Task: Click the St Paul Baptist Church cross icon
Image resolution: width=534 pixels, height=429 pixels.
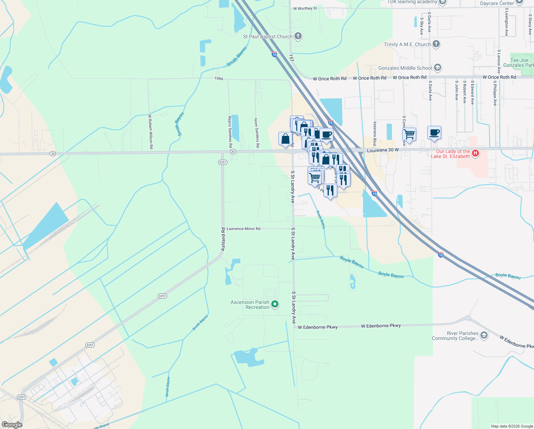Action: coord(298,36)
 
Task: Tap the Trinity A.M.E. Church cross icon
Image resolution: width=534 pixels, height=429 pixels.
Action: coord(436,44)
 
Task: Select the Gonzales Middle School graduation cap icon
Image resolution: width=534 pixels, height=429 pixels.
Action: coord(438,68)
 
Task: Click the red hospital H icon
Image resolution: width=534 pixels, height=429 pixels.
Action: coord(475,153)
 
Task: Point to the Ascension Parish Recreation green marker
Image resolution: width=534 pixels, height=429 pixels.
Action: coord(275,305)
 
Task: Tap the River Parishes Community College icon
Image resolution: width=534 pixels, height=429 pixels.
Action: coord(484,335)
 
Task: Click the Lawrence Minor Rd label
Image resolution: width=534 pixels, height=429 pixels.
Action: coord(243,229)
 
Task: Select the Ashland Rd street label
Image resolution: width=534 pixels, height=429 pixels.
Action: coord(223,239)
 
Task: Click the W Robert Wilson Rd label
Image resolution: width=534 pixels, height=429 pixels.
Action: coord(151,131)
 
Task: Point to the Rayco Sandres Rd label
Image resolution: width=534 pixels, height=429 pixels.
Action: coord(230,132)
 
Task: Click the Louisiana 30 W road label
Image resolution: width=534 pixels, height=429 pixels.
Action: coord(383,150)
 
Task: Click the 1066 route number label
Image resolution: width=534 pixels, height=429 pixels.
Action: coord(219,78)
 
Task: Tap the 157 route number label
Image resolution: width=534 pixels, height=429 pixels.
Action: coord(291,58)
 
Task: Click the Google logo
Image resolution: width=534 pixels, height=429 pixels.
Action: coord(12,425)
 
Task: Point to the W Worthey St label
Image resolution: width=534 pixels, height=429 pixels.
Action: coord(305,8)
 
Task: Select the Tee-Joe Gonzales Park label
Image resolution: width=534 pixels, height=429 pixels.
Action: coord(521,63)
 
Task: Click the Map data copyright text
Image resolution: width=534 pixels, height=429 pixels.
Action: coord(512,426)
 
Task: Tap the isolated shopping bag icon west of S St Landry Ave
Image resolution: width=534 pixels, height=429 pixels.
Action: coord(285,139)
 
